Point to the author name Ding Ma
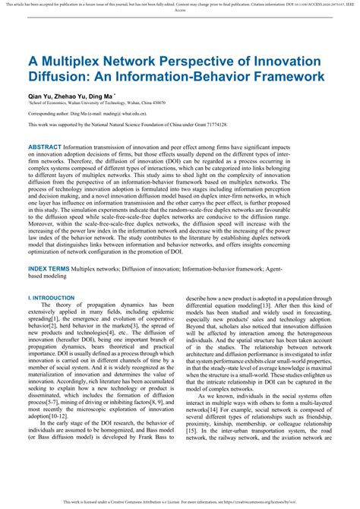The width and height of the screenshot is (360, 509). (115, 97)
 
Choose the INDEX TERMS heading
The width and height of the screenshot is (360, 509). (51, 269)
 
